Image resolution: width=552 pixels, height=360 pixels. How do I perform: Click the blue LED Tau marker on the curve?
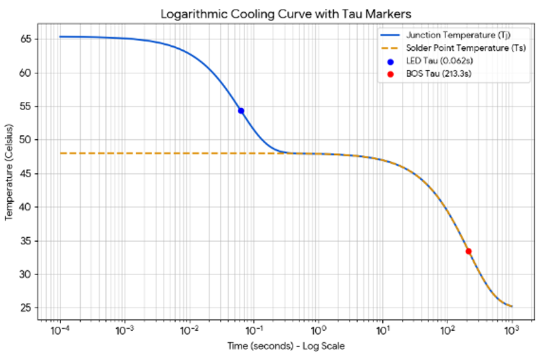pyautogui.click(x=240, y=111)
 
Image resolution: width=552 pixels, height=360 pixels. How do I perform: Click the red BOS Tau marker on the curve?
pyautogui.click(x=468, y=251)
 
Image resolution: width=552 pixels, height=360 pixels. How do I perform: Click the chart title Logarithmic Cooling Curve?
pyautogui.click(x=285, y=14)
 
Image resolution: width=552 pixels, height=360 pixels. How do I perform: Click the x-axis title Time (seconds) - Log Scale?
pyautogui.click(x=284, y=346)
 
